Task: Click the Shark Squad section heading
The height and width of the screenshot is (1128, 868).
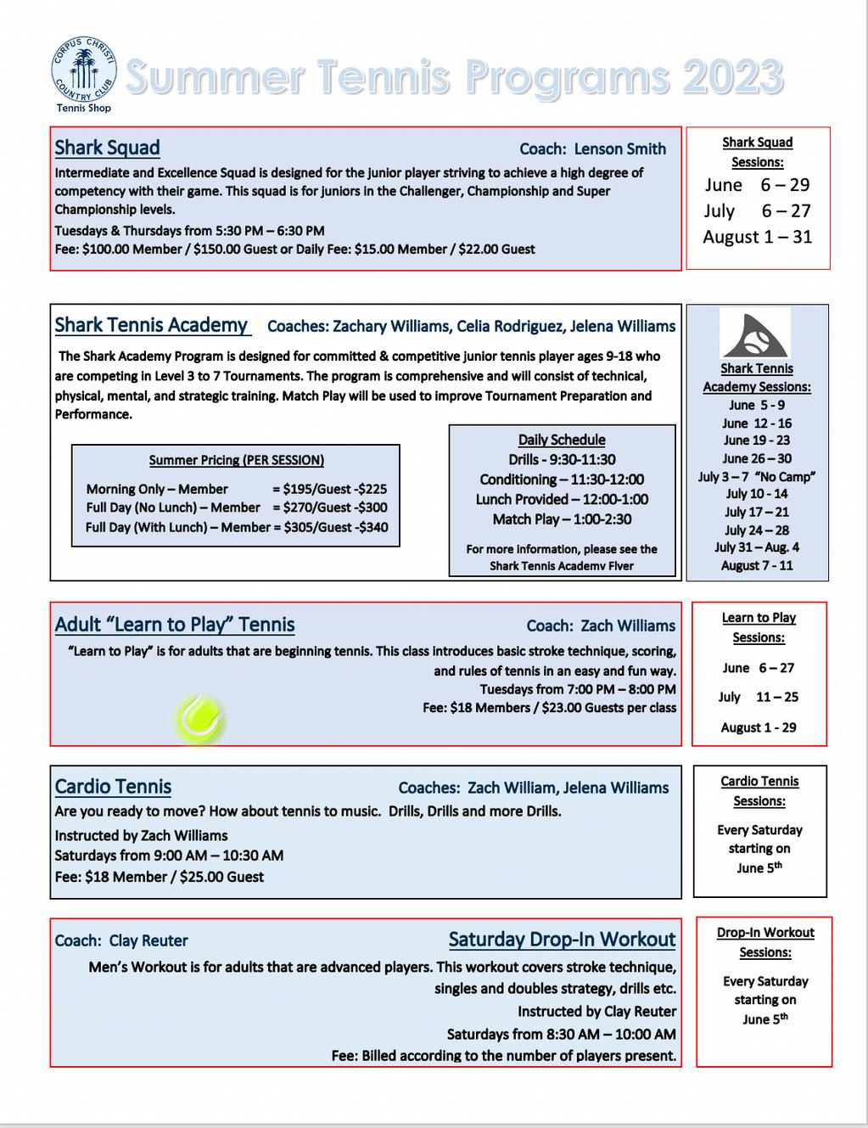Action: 108,148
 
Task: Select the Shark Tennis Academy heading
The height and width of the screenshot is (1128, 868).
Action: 151,325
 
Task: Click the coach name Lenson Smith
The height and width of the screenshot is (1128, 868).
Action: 619,149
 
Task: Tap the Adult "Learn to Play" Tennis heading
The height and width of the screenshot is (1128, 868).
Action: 175,625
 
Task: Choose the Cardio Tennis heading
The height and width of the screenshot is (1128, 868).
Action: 113,787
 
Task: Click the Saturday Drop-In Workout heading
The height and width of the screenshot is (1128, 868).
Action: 562,940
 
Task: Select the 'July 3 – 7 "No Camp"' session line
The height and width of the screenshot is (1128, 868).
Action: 756,476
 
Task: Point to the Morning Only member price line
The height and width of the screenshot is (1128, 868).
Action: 236,489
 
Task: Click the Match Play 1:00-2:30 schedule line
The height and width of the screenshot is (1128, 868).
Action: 562,519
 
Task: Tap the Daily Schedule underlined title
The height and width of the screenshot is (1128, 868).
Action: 562,440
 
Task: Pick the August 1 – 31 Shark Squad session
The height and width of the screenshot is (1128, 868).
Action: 757,237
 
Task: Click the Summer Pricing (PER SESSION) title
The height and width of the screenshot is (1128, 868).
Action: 236,460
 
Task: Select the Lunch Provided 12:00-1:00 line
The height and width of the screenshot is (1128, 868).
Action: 562,499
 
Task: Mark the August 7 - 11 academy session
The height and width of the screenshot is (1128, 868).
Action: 757,565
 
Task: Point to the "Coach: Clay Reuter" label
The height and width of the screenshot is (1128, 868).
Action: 121,940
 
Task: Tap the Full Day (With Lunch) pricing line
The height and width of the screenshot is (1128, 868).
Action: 236,527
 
